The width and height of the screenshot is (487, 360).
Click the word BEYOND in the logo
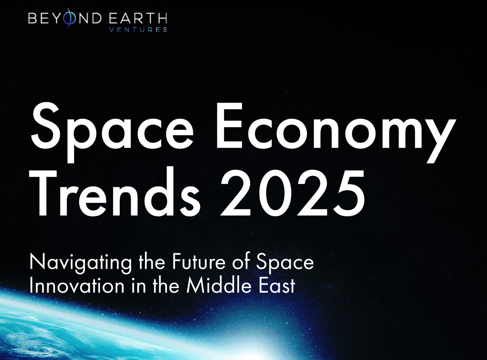[x=65, y=18]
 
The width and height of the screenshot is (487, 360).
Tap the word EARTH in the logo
[x=138, y=19]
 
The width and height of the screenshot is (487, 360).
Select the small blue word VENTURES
[x=138, y=30]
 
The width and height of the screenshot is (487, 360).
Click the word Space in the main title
[x=112, y=132]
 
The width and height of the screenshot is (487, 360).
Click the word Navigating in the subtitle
[x=81, y=263]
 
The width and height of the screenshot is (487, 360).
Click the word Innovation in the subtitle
[x=77, y=286]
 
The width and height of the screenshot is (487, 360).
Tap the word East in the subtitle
[x=277, y=286]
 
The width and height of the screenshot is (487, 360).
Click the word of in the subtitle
[x=241, y=261]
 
